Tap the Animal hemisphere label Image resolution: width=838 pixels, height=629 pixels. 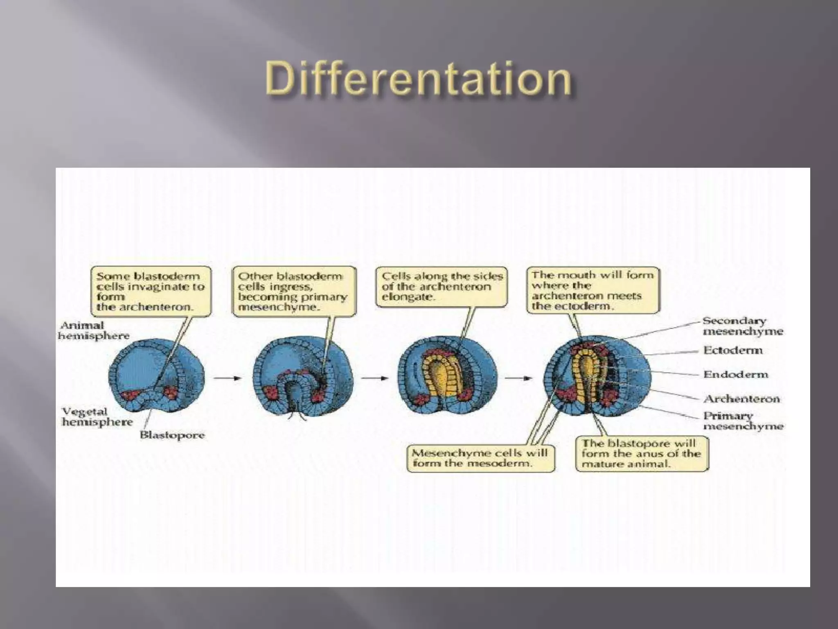pos(93,330)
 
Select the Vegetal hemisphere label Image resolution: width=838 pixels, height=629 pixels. pos(97,416)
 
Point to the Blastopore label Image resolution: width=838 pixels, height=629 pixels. pos(172,435)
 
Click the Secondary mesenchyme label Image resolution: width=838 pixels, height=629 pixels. pos(742,326)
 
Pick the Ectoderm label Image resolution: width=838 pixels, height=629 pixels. pos(733,350)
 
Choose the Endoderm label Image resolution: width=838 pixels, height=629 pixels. pos(735,374)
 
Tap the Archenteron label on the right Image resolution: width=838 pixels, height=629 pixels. pos(741,398)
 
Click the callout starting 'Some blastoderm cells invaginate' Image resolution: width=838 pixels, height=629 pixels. pos(151,291)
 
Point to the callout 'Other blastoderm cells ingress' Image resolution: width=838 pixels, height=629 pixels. pos(294,291)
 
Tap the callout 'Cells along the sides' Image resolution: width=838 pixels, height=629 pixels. pos(441,286)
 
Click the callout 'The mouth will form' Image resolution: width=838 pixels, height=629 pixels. pos(593,290)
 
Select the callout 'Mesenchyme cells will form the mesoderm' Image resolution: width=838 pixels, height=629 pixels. pos(480,458)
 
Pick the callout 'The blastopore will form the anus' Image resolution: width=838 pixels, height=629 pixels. pos(642,454)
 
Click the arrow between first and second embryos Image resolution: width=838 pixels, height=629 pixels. pos(228,378)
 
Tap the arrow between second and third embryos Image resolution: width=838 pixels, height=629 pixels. pos(374,378)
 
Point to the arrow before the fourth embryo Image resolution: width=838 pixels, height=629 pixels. pos(518,378)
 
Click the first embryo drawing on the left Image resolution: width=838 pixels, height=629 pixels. pos(156,375)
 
